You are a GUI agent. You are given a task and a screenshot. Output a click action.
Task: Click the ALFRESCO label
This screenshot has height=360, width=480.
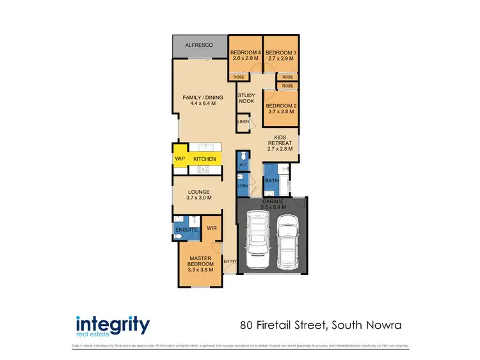(x=199, y=45)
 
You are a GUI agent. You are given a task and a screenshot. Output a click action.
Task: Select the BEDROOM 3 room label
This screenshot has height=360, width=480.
(x=280, y=52)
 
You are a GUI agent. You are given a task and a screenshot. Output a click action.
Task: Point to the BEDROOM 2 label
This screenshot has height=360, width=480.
(x=280, y=106)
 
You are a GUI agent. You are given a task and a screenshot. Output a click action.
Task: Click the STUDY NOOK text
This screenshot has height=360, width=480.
(x=246, y=98)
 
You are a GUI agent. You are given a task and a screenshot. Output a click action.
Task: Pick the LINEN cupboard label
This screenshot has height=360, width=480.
(x=243, y=121)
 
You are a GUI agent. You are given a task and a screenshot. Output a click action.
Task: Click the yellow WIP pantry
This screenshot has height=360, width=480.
(x=179, y=159)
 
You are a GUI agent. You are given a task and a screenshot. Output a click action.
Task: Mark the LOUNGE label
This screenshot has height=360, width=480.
(x=199, y=192)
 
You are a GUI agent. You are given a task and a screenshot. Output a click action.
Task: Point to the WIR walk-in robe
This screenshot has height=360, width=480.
(x=210, y=228)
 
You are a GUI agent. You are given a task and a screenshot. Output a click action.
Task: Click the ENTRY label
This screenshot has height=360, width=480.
(x=230, y=261)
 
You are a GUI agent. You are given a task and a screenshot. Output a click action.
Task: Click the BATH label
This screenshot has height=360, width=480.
(x=272, y=181)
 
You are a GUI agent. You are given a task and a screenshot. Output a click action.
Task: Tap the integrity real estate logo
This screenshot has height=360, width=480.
(x=113, y=325)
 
